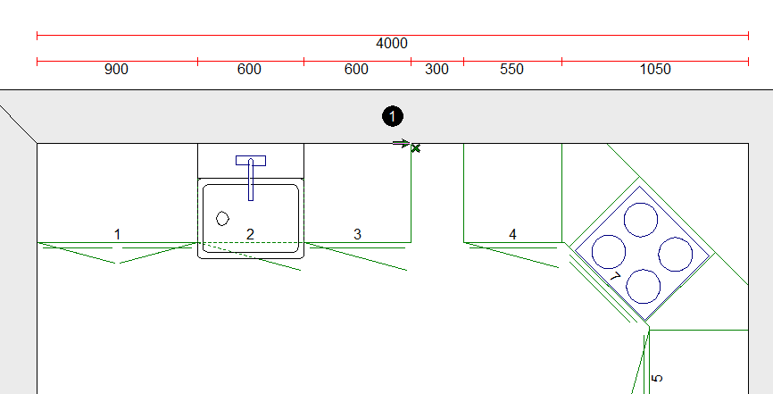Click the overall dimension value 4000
(x=392, y=43)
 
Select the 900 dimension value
(x=116, y=70)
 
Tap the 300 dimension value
(x=436, y=70)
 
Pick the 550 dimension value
(x=512, y=70)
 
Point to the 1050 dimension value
(x=655, y=70)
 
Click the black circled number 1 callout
(x=392, y=116)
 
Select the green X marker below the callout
(x=415, y=147)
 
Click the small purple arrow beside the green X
(x=401, y=143)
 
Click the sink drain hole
(x=223, y=218)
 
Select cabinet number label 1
(x=117, y=234)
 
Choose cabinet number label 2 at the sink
(x=250, y=234)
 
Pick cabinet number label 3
(x=357, y=234)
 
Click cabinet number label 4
(x=512, y=234)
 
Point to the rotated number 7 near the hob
(x=614, y=278)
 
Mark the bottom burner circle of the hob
(x=643, y=285)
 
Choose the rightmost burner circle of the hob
(x=676, y=253)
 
